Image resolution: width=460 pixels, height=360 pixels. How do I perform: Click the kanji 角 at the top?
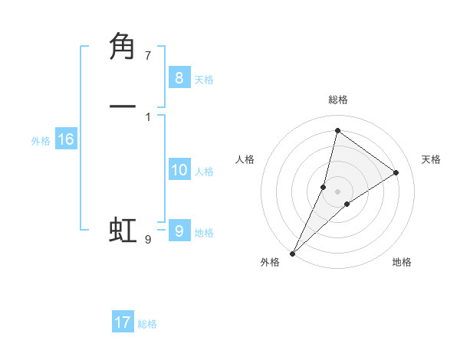click(123, 47)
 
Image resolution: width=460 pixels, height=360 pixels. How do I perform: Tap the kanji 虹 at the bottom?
click(123, 230)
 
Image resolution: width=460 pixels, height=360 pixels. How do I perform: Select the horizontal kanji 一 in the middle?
click(123, 106)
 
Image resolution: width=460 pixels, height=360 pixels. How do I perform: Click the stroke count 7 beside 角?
click(148, 56)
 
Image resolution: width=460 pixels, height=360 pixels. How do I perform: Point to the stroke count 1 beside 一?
click(148, 116)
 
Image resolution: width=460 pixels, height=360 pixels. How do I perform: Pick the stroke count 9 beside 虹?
click(148, 240)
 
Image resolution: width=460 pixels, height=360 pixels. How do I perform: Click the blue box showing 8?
click(179, 77)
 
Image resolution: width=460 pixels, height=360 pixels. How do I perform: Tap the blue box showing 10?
click(179, 170)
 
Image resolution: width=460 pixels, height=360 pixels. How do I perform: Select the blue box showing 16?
click(65, 139)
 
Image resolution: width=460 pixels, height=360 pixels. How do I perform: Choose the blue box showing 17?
click(123, 322)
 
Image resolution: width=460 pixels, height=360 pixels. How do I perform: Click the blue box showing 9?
click(179, 231)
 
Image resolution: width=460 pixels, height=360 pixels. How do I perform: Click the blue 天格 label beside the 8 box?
click(204, 79)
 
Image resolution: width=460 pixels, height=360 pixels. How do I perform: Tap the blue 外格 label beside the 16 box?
click(41, 141)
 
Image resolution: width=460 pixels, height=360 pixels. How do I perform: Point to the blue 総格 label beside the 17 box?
click(147, 324)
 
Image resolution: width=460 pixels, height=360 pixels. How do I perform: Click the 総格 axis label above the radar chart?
click(338, 100)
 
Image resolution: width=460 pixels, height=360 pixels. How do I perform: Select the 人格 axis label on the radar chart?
click(245, 159)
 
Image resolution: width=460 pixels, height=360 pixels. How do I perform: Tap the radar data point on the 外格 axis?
click(292, 254)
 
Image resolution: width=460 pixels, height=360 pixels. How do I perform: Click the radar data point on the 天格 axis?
click(396, 173)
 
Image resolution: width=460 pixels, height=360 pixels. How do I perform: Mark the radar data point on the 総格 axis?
click(337, 131)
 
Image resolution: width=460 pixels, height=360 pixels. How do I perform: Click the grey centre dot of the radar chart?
click(337, 191)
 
